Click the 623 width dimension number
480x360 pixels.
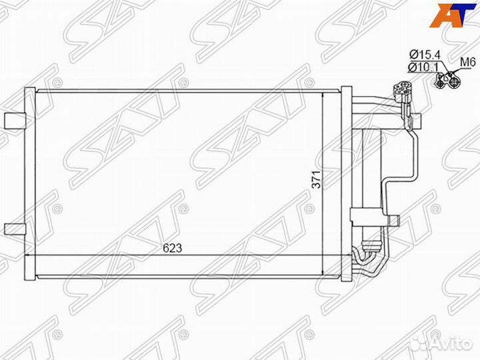tap(172, 247)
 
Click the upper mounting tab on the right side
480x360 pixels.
tap(415, 121)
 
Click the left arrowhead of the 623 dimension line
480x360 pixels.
tap(28, 255)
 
